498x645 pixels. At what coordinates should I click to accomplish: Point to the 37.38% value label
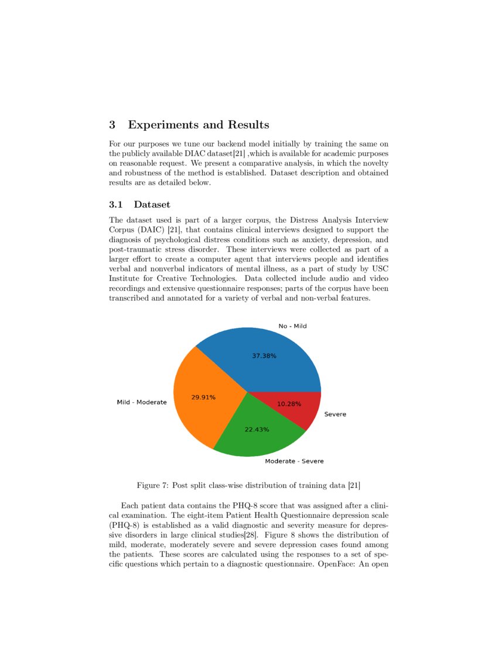coord(264,356)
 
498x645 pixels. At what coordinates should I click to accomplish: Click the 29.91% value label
coord(203,398)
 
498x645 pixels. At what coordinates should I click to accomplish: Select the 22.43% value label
coord(257,430)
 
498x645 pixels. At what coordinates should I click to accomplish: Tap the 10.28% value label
coord(289,404)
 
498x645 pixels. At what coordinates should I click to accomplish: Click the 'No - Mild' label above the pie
coord(292,326)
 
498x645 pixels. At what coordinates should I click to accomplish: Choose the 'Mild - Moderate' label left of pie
coord(142,403)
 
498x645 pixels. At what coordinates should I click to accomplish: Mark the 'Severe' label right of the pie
coord(335,415)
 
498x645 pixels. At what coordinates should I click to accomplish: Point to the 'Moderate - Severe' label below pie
coord(294,461)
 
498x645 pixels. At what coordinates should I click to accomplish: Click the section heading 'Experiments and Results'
coord(198,125)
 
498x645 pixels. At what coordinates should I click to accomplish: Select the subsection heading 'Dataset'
coord(152,205)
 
